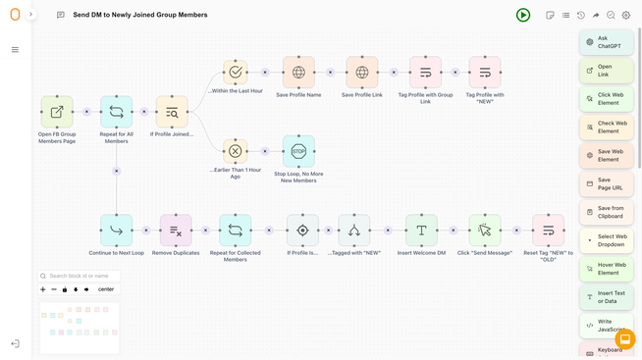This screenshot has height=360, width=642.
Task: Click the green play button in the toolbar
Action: (x=523, y=15)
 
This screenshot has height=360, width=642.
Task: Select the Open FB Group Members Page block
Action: (x=57, y=112)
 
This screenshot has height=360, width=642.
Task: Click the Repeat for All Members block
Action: (x=116, y=112)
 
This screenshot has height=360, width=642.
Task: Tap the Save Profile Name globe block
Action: (x=298, y=73)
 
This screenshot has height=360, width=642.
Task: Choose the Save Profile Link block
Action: (x=362, y=73)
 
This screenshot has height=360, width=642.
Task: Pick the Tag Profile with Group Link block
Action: (x=425, y=73)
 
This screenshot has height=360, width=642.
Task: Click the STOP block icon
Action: (x=298, y=151)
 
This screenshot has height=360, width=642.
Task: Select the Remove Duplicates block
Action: (x=176, y=231)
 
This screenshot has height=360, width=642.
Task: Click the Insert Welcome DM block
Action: (x=421, y=231)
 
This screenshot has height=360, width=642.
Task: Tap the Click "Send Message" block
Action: (x=485, y=231)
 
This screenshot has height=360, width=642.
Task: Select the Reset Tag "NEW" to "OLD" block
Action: (x=548, y=231)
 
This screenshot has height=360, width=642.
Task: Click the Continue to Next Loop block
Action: (x=116, y=231)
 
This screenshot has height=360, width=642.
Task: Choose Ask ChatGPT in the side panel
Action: (x=607, y=42)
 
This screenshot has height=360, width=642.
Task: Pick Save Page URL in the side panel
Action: (x=607, y=183)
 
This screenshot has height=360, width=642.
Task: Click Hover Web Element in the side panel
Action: (x=607, y=268)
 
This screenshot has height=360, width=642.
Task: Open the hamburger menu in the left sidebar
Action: (x=15, y=50)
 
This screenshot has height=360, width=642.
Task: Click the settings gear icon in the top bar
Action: (x=626, y=16)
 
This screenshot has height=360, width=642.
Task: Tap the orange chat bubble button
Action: (x=624, y=339)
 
